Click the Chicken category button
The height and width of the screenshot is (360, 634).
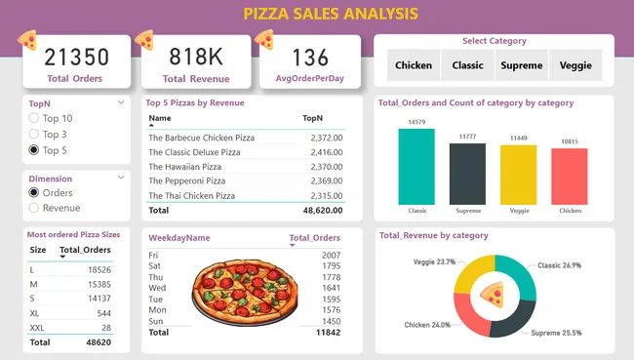(414, 66)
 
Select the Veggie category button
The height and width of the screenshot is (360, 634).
(575, 66)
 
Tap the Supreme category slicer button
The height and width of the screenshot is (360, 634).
(522, 66)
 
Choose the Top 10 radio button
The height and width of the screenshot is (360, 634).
(35, 118)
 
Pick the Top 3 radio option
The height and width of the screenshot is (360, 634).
(35, 134)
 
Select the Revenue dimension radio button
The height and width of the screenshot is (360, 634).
(35, 208)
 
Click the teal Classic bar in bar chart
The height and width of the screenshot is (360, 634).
(416, 166)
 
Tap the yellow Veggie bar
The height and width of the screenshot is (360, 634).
(518, 175)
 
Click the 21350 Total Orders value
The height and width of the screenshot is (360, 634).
(76, 57)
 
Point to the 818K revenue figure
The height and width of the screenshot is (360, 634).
(196, 57)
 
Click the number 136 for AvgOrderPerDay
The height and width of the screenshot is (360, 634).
(310, 57)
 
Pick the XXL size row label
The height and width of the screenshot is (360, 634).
(38, 328)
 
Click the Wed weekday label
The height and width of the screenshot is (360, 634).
(156, 288)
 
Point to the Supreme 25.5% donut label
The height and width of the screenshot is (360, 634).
(557, 333)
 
